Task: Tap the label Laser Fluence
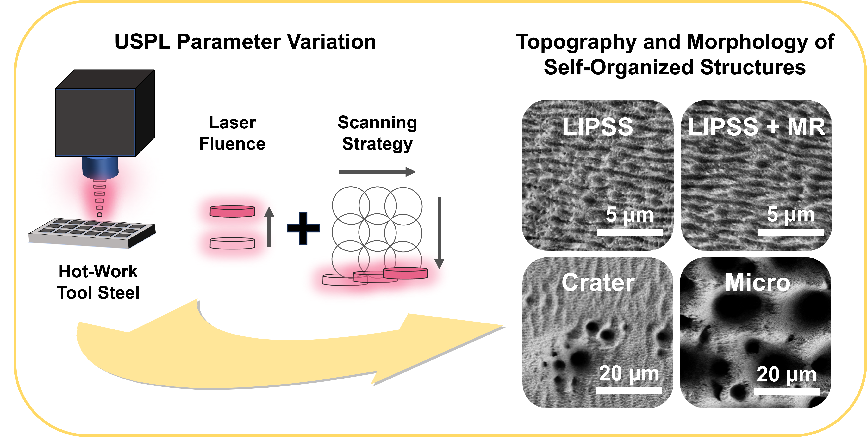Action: (232, 133)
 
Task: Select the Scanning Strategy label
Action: (377, 133)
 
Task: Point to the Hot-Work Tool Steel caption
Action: (98, 282)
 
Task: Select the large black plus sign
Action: (303, 228)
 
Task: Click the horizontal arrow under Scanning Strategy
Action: (377, 172)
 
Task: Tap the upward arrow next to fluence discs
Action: (269, 227)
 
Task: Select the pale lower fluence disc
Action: (232, 243)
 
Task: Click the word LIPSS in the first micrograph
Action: (598, 127)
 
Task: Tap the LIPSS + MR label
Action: (756, 127)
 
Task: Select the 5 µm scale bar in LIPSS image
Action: (629, 232)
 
